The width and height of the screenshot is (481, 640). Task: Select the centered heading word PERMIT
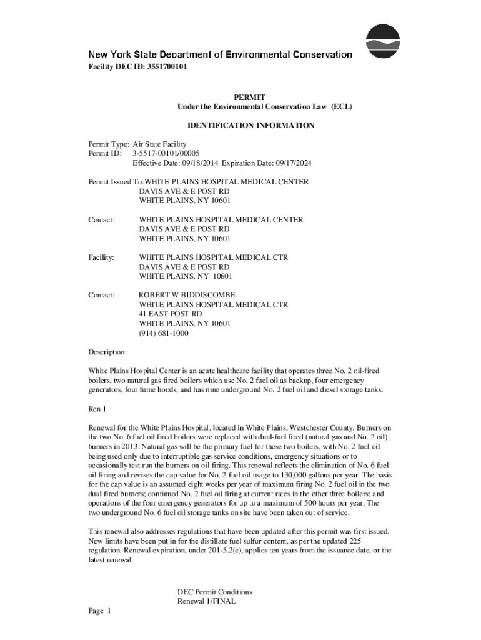(x=249, y=97)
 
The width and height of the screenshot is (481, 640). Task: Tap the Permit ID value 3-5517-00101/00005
(x=166, y=154)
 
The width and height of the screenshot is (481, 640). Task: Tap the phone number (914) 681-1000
(x=164, y=333)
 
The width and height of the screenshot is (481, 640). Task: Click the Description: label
(x=108, y=352)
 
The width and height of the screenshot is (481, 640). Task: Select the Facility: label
(x=101, y=257)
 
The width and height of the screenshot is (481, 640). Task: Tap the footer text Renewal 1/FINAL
(x=206, y=601)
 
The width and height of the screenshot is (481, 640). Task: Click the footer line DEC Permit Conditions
(x=215, y=592)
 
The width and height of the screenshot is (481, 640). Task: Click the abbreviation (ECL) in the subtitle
(x=342, y=107)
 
